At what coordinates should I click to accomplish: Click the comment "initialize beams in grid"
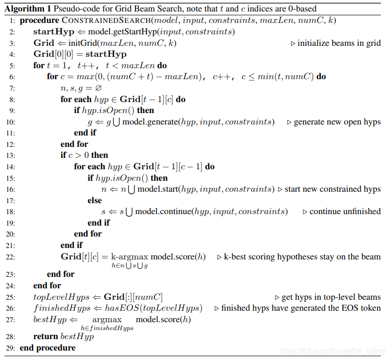339,43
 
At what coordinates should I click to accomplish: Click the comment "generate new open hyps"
337,121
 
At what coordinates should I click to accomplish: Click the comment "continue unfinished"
345,212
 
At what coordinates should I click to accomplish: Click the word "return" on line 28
45,337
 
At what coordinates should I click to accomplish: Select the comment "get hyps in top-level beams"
331,297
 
